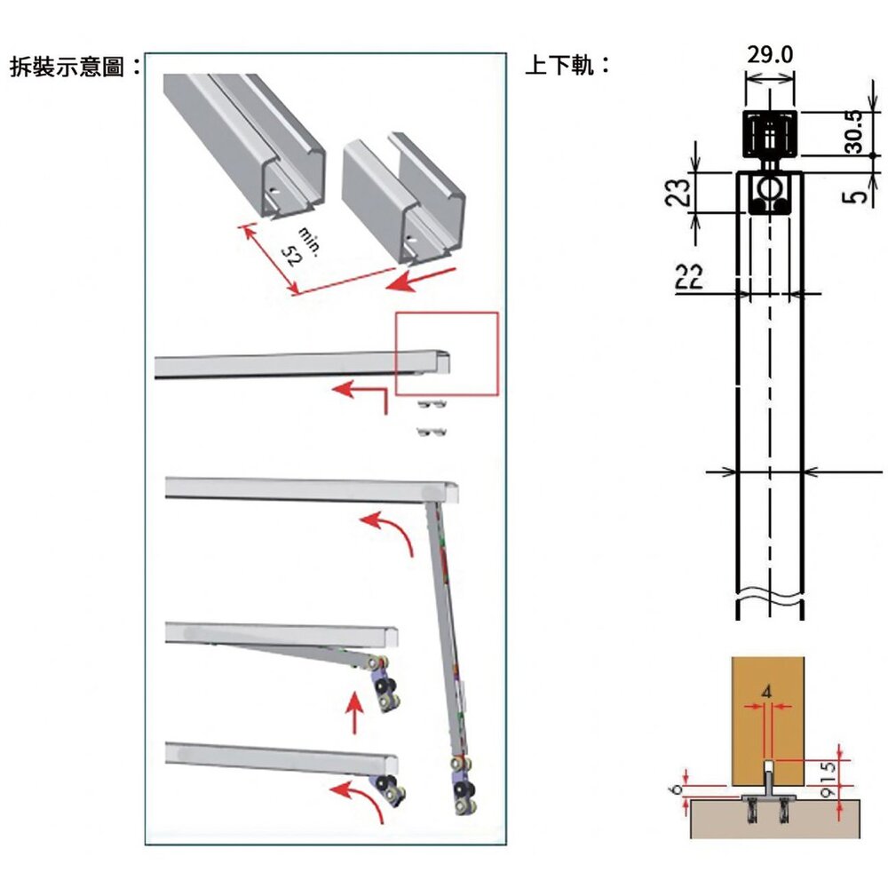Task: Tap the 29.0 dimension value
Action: tap(769, 55)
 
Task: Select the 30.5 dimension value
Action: tap(854, 132)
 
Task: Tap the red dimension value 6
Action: tap(678, 789)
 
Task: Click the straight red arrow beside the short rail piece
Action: tap(423, 281)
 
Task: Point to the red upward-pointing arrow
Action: tap(354, 714)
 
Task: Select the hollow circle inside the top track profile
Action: tap(769, 187)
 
